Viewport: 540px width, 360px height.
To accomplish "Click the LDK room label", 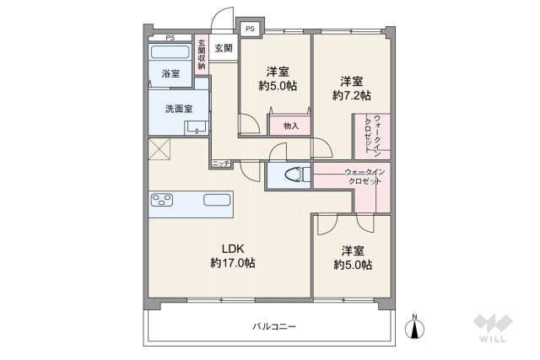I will [232, 249].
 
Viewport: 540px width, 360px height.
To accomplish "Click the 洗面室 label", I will [177, 109].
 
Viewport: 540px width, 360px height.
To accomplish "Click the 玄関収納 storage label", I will [201, 56].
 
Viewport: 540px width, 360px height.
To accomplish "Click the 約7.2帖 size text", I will [351, 96].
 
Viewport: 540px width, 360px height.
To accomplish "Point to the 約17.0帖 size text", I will [232, 263].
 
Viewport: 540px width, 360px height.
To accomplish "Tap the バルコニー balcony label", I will [273, 326].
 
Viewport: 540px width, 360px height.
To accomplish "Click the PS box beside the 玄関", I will [250, 29].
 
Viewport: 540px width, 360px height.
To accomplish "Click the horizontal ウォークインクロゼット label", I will [364, 177].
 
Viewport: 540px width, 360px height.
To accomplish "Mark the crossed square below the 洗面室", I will [160, 152].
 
